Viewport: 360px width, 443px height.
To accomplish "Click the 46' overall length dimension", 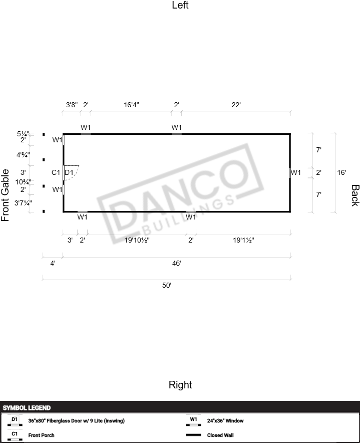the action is (x=177, y=263).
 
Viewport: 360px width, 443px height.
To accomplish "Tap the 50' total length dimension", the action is (x=167, y=285).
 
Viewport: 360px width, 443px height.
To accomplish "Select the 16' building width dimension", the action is (x=341, y=172).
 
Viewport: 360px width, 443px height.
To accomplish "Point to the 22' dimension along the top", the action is (x=236, y=105).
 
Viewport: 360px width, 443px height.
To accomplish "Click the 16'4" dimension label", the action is (x=132, y=105).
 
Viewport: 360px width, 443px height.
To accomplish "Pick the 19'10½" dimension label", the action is (x=137, y=240).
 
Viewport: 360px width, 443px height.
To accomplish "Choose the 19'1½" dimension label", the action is (x=243, y=240).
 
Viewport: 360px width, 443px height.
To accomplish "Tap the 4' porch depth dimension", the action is (x=53, y=263).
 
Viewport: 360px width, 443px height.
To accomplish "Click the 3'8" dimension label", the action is (x=72, y=105).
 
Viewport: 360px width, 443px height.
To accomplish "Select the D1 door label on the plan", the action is (x=69, y=172).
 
